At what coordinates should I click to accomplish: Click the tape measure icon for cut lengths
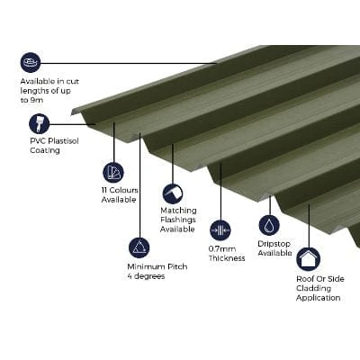pyautogui.click(x=31, y=63)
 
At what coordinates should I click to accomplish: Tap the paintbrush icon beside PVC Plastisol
pyautogui.click(x=39, y=123)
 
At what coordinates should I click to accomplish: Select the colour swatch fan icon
pyautogui.click(x=113, y=172)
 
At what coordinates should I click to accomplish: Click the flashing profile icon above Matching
pyautogui.click(x=173, y=193)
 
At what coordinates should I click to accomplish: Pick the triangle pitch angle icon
pyautogui.click(x=139, y=247)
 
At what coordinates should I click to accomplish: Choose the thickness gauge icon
pyautogui.click(x=220, y=230)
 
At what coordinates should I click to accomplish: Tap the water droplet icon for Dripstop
pyautogui.click(x=269, y=225)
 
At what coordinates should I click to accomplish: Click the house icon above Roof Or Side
pyautogui.click(x=309, y=259)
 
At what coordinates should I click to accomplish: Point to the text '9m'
pyautogui.click(x=36, y=100)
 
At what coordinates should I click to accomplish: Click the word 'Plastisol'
pyautogui.click(x=63, y=140)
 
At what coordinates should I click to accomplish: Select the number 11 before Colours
pyautogui.click(x=104, y=190)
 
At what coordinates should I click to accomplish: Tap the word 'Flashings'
pyautogui.click(x=178, y=220)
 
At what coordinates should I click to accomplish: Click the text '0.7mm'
pyautogui.click(x=222, y=249)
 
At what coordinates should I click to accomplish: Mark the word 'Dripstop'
pyautogui.click(x=274, y=244)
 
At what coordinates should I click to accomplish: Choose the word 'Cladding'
pyautogui.click(x=314, y=288)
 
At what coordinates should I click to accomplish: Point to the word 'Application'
pyautogui.click(x=319, y=298)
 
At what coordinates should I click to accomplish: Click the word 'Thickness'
pyautogui.click(x=227, y=258)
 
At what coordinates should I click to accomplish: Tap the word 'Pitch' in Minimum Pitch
pyautogui.click(x=177, y=266)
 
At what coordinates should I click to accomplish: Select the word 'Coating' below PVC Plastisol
pyautogui.click(x=45, y=150)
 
